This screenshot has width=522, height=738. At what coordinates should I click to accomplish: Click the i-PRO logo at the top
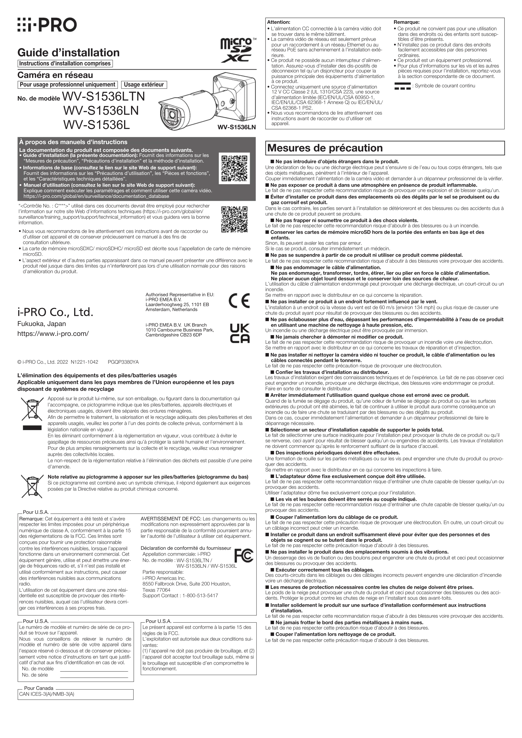[x=47, y=25]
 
